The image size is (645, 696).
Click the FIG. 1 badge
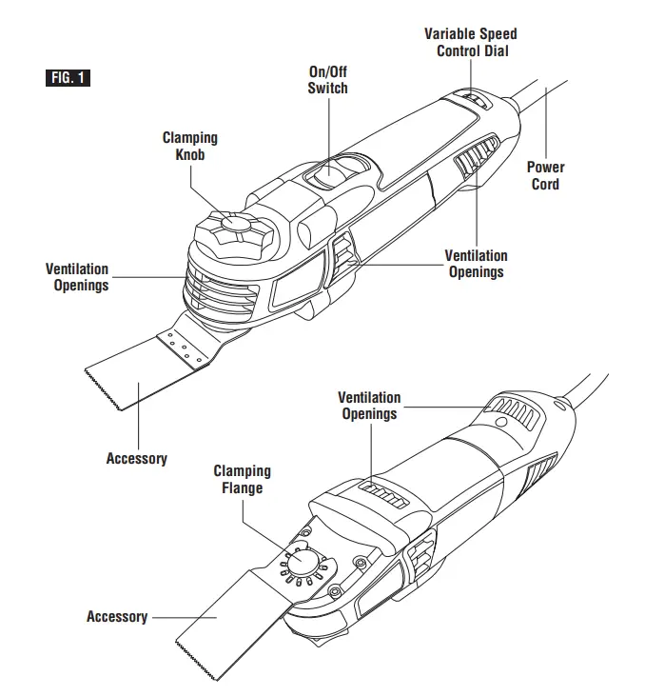[68, 78]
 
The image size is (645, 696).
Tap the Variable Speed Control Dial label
[471, 42]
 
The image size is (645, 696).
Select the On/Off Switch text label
[328, 80]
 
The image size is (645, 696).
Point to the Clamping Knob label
[189, 146]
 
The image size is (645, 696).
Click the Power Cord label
[546, 175]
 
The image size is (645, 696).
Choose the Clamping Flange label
[242, 479]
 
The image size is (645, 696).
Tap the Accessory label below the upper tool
[136, 459]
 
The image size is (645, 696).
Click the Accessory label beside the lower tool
[117, 617]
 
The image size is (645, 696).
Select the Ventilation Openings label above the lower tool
[369, 406]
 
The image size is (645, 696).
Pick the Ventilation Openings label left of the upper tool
[77, 277]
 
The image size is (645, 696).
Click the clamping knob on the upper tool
[231, 228]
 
